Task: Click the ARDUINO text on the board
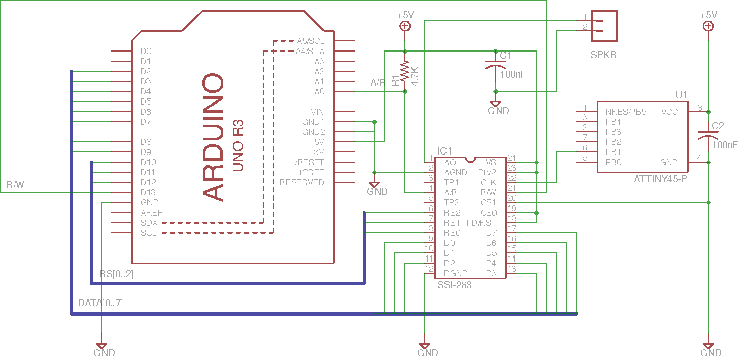point(213,138)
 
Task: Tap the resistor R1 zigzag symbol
point(405,72)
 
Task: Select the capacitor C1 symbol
point(495,66)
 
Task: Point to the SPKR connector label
point(604,55)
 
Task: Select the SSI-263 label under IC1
point(455,285)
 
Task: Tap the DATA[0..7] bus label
point(101,303)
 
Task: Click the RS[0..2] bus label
point(117,274)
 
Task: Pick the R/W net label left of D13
point(15,185)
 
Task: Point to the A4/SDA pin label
point(310,51)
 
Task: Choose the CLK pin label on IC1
point(488,182)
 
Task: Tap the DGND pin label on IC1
point(456,273)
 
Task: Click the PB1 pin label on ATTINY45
point(613,152)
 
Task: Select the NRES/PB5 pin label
point(626,112)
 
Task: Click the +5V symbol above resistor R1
point(405,26)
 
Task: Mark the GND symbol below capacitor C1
point(497,105)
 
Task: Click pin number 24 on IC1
point(512,157)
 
